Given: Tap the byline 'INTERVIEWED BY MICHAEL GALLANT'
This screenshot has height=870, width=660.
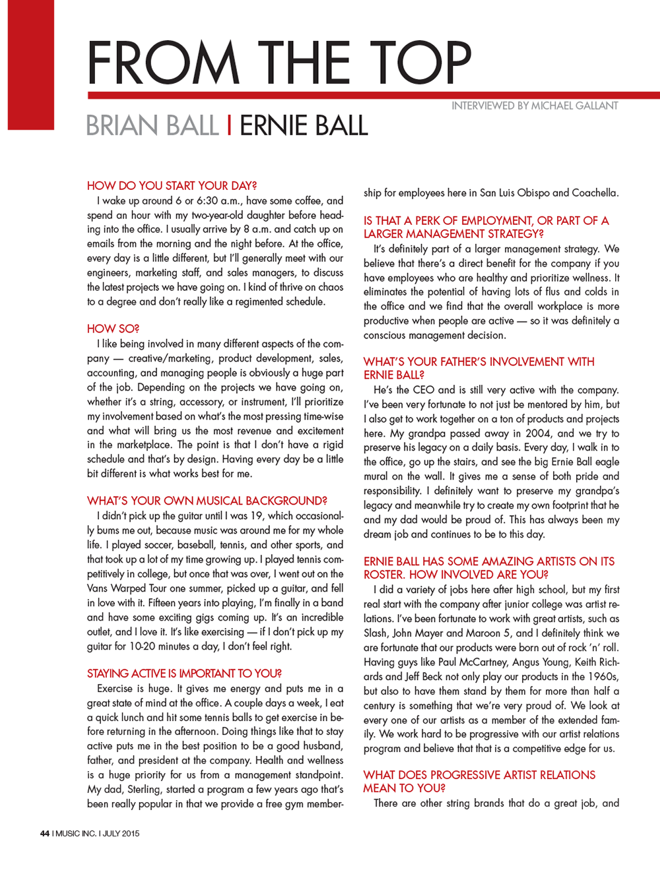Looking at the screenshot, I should pos(535,106).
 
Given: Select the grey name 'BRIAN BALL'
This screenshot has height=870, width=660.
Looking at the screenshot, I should pos(152,125).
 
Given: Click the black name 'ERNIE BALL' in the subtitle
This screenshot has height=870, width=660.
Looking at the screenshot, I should pos(303,125).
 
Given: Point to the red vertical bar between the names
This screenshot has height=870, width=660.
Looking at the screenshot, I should pos(228,125).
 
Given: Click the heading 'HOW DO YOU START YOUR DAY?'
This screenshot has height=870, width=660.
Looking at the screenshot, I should pos(172,186).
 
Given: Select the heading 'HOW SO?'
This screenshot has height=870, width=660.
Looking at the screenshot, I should pos(113,328).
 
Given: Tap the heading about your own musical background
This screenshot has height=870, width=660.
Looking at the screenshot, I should pos(207,501).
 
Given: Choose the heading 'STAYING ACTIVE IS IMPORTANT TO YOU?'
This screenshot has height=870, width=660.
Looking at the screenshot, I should pos(184,673).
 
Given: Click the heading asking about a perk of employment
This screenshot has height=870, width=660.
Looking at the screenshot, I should pos(486,227).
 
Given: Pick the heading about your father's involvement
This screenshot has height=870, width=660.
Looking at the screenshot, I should pos(478,368).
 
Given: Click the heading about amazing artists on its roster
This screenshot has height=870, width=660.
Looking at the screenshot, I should pos(488,567).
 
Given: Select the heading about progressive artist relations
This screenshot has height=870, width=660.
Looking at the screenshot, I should pos(479,781).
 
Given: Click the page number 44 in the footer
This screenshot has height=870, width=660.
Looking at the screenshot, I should pos(45,833).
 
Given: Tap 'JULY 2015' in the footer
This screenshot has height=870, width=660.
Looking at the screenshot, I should pos(121,833).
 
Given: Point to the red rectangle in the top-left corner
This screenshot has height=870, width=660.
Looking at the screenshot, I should pos(30,65).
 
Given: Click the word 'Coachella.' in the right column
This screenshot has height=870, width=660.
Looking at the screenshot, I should pos(595,193).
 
